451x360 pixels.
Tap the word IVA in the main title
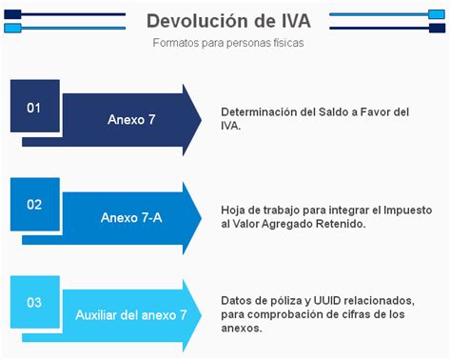(x=297, y=21)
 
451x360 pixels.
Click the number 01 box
(x=34, y=107)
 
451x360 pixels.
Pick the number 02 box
(x=34, y=204)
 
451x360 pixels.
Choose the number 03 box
(x=34, y=303)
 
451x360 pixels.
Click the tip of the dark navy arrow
(x=201, y=120)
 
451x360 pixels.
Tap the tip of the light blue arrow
(x=201, y=314)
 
